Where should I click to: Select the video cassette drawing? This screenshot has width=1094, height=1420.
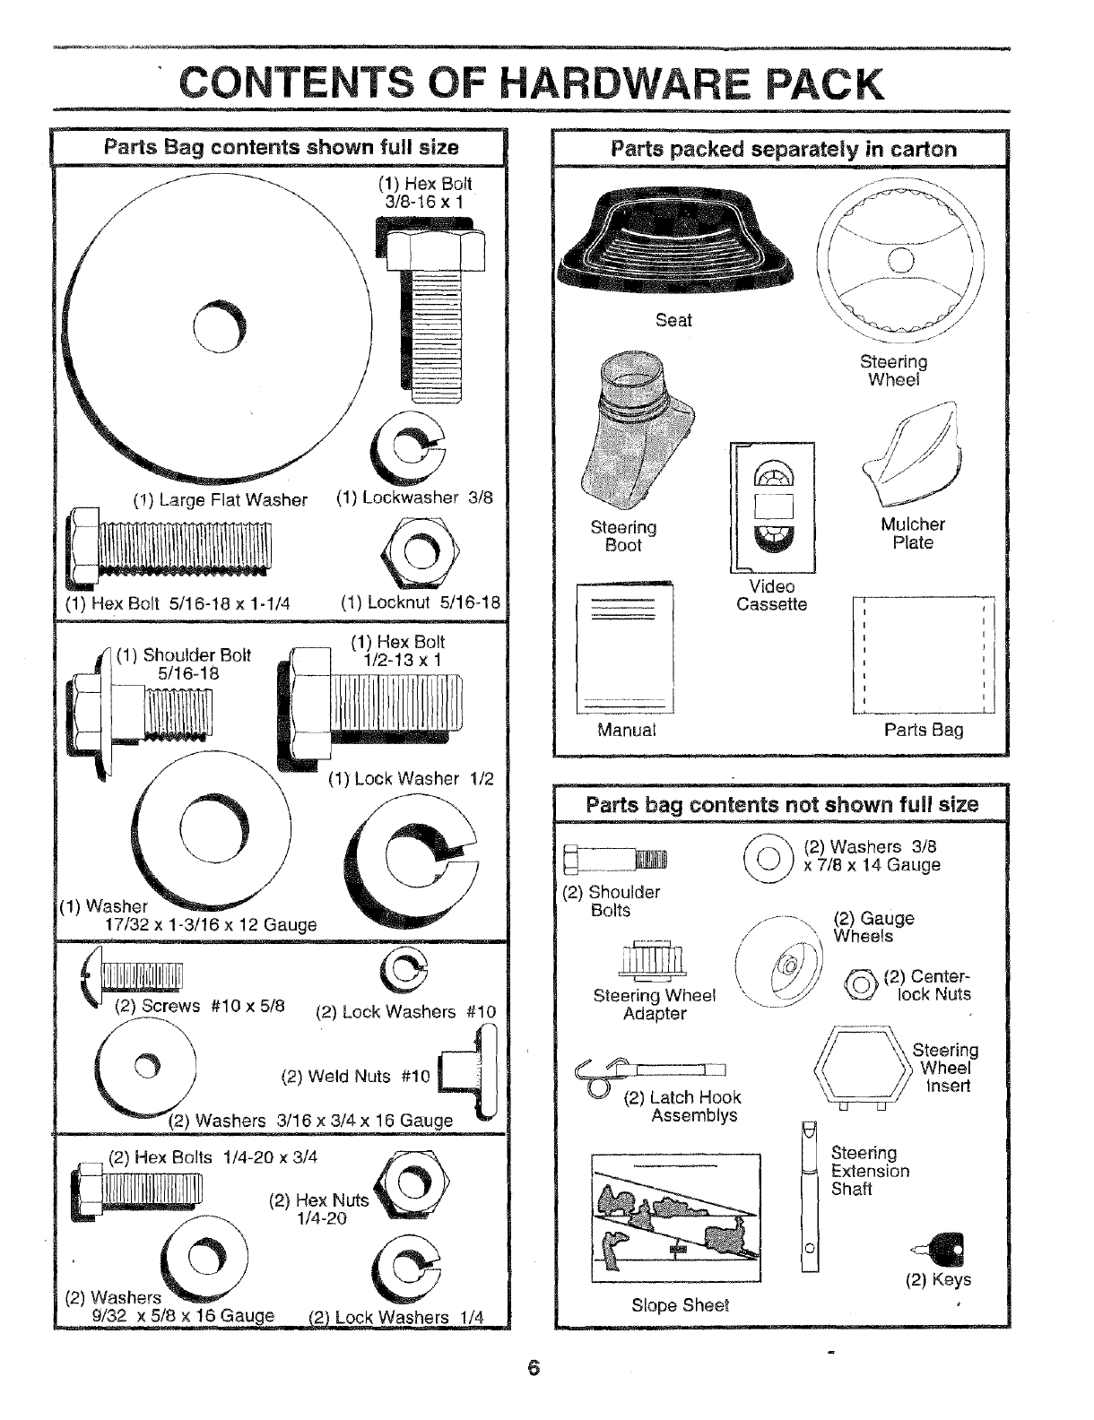pos(773,507)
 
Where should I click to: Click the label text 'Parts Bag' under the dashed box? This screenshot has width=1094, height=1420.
pos(924,730)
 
